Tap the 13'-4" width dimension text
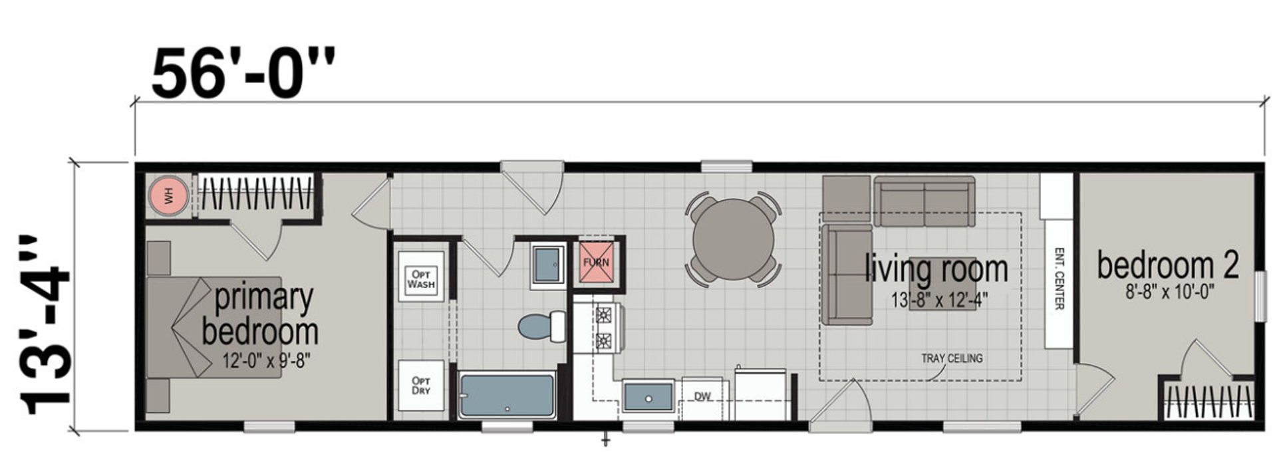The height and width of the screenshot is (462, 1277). (45, 324)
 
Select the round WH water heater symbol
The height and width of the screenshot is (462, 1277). (168, 195)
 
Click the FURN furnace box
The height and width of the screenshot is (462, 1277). (596, 262)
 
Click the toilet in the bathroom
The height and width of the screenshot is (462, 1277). (540, 326)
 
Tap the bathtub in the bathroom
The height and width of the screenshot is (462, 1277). (507, 396)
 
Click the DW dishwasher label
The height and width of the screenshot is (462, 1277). (702, 397)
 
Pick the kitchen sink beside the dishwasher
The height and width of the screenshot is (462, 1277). (648, 396)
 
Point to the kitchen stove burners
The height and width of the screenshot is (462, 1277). (604, 328)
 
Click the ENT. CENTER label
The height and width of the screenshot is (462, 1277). (1059, 279)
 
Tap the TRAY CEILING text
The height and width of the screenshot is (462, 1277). (951, 358)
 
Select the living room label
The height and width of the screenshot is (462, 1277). (936, 269)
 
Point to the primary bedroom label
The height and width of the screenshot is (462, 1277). (261, 314)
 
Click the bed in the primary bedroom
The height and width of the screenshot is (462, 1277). (213, 327)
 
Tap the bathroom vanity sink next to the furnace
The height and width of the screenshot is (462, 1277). (548, 264)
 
